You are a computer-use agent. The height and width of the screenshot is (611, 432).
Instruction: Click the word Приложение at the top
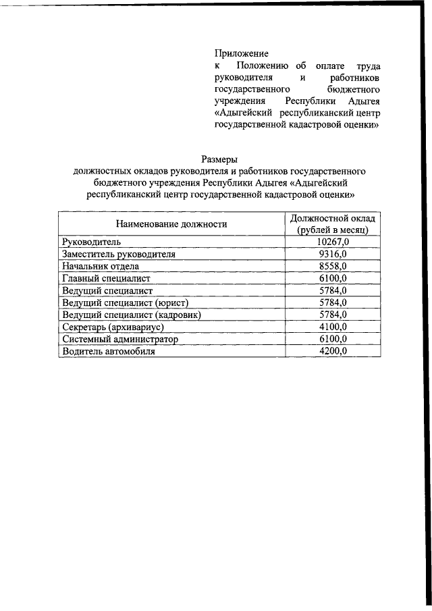pyautogui.click(x=242, y=53)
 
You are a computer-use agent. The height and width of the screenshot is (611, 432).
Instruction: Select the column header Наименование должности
pyautogui.click(x=171, y=223)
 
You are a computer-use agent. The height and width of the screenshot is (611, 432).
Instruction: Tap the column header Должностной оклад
pyautogui.click(x=333, y=218)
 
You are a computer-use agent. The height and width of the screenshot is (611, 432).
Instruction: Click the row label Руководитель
pyautogui.click(x=90, y=242)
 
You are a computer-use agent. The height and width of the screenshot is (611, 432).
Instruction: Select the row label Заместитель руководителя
pyautogui.click(x=118, y=254)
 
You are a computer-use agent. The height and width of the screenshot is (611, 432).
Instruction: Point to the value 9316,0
pyautogui.click(x=333, y=254)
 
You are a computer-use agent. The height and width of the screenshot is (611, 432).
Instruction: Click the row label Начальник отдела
pyautogui.click(x=100, y=266)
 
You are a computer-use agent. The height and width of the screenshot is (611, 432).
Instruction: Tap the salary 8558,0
pyautogui.click(x=333, y=266)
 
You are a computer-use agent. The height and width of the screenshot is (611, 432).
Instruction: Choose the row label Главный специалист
pyautogui.click(x=106, y=278)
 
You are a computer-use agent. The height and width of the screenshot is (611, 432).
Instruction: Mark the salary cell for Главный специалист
pyautogui.click(x=333, y=278)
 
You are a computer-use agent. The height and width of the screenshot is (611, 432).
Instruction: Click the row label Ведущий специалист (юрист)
pyautogui.click(x=124, y=302)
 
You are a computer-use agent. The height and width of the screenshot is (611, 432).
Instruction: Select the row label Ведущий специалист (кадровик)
pyautogui.click(x=132, y=315)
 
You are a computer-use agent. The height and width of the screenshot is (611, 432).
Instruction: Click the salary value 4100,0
pyautogui.click(x=333, y=327)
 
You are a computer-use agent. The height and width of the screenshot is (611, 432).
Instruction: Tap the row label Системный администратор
pyautogui.click(x=119, y=339)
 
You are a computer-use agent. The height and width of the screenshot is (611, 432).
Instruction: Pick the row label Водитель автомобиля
pyautogui.click(x=108, y=351)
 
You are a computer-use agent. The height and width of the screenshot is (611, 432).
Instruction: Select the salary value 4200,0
pyautogui.click(x=333, y=351)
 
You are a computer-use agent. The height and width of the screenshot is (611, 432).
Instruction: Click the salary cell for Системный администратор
pyautogui.click(x=333, y=339)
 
